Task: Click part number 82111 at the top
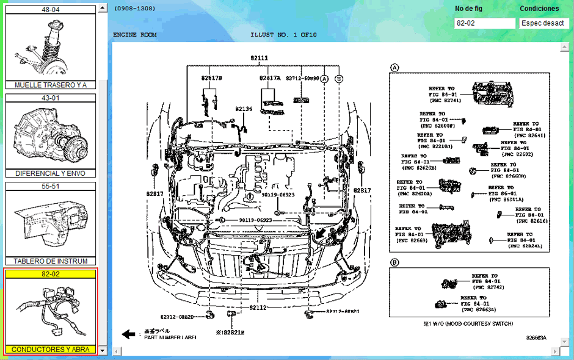click(x=259, y=58)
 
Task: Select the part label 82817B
click(x=211, y=78)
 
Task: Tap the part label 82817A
click(x=269, y=78)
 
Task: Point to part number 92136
click(x=244, y=109)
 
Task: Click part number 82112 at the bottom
click(x=258, y=308)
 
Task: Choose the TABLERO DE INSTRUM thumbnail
click(x=50, y=223)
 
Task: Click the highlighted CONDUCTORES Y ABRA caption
click(x=51, y=350)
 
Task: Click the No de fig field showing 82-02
click(x=485, y=23)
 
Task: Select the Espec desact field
click(x=543, y=23)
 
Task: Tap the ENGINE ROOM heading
click(x=134, y=35)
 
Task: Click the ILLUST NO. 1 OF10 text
click(x=283, y=35)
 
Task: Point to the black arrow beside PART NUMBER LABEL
click(x=128, y=334)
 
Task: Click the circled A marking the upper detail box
click(x=395, y=67)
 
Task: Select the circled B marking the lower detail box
click(x=395, y=262)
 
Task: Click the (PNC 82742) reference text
click(x=487, y=286)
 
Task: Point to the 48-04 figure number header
click(x=50, y=10)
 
